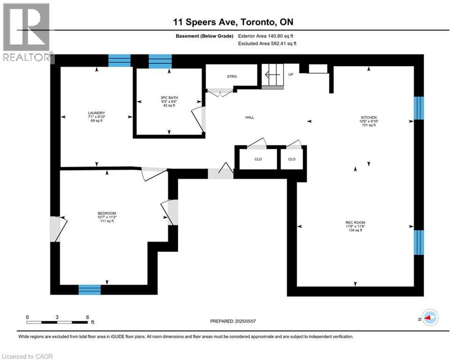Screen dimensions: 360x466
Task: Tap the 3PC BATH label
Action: [x=169, y=97]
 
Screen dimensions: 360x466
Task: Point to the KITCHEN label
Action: [x=369, y=117]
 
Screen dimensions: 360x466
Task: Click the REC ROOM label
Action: [x=355, y=222]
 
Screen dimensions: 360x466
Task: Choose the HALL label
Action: [x=250, y=117]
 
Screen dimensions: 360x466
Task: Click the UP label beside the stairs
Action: [x=290, y=74]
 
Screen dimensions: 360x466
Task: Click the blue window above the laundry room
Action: [x=119, y=60]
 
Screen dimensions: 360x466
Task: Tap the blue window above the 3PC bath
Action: [x=160, y=60]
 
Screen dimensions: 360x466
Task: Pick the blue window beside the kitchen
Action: [x=419, y=108]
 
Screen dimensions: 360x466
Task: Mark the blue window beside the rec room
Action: [x=419, y=242]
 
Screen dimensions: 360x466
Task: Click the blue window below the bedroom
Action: [x=89, y=290]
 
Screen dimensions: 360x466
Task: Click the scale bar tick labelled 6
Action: [x=87, y=317]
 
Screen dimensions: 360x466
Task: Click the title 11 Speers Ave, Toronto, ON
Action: [x=233, y=22]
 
